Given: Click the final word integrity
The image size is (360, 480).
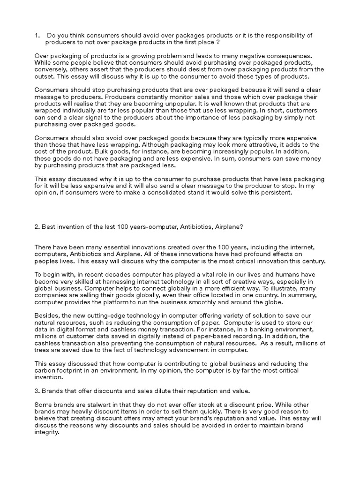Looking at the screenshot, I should coord(48,433).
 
